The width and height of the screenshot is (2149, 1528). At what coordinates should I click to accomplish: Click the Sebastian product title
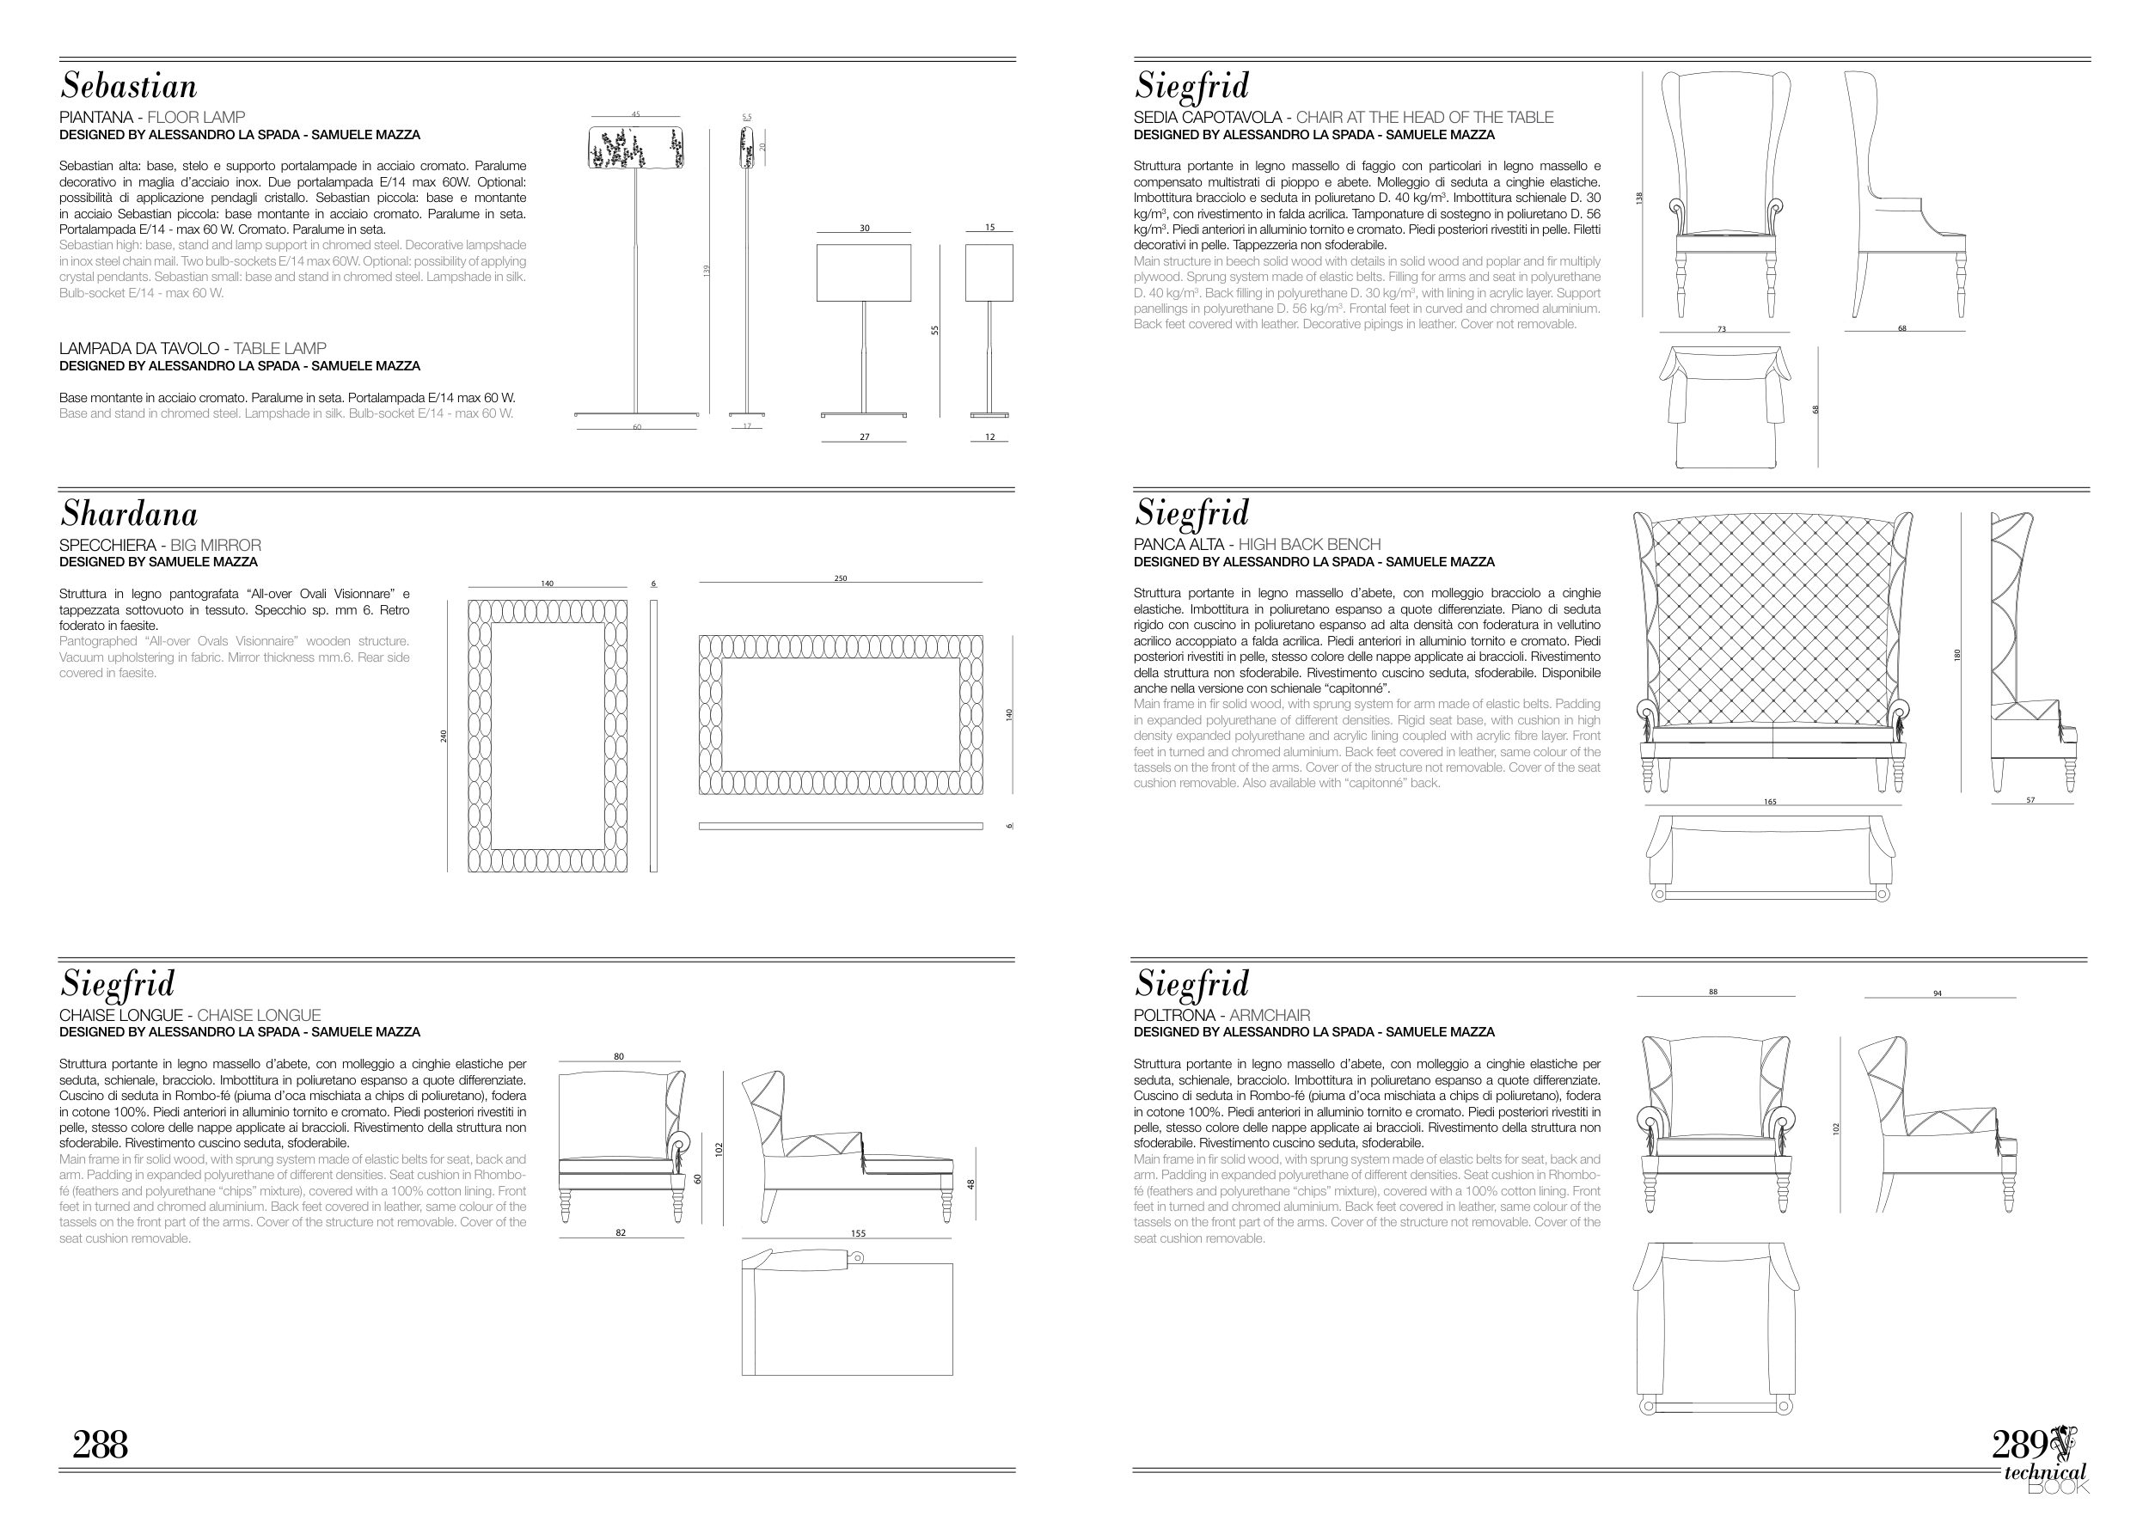(129, 87)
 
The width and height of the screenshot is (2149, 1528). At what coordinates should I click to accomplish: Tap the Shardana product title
(129, 515)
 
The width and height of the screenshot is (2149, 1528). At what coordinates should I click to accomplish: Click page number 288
(100, 1445)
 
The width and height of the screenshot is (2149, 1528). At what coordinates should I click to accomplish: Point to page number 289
(2019, 1445)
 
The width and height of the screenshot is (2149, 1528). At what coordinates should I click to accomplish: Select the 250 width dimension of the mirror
(840, 578)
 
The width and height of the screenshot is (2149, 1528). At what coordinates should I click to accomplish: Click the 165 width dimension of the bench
(1770, 803)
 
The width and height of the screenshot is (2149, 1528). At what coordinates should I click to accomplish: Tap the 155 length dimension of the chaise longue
(857, 1233)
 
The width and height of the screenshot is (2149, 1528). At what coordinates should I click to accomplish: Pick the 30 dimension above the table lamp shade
(864, 228)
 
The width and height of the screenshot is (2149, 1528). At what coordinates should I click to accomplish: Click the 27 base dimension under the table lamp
(864, 437)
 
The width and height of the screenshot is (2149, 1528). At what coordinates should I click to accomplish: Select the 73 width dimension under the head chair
(1721, 329)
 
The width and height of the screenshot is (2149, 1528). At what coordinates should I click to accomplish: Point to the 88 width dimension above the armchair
(1713, 992)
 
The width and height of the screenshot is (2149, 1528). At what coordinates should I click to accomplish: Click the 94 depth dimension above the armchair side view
(1938, 993)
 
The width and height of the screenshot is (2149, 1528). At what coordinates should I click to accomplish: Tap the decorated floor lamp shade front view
(635, 149)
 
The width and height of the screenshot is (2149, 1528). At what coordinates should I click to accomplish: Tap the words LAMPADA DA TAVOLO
(139, 348)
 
